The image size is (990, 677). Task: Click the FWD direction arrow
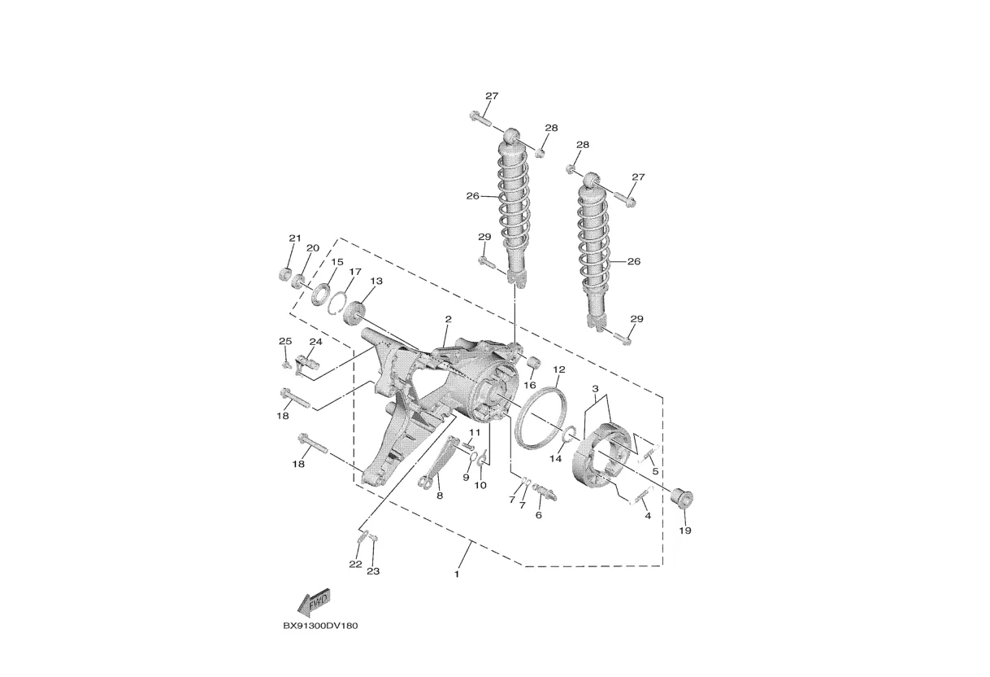click(313, 603)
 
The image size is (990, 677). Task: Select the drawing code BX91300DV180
click(320, 626)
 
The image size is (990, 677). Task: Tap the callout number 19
click(684, 531)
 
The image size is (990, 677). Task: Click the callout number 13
click(376, 281)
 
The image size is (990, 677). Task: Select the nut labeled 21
click(284, 273)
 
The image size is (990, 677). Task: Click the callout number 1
click(457, 574)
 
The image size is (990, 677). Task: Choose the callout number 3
click(595, 389)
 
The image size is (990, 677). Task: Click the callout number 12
click(559, 369)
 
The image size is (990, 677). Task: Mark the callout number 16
click(530, 385)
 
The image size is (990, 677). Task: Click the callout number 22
click(355, 564)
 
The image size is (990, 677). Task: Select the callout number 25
click(284, 341)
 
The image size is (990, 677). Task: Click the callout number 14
click(556, 459)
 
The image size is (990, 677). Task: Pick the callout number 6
click(538, 515)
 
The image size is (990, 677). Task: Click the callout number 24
click(315, 342)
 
